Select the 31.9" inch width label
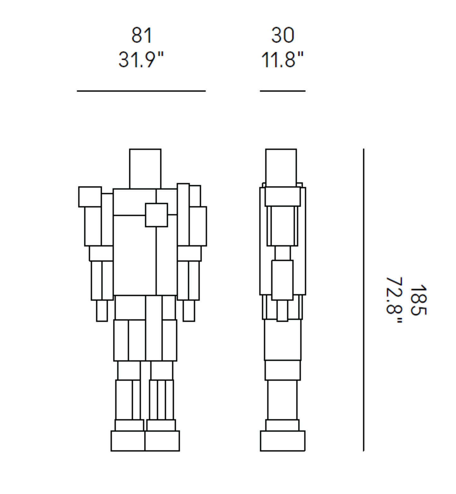(x=141, y=59)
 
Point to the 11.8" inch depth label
(x=282, y=59)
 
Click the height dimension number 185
(x=418, y=300)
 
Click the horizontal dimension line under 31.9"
(x=141, y=91)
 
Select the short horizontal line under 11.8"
(x=283, y=91)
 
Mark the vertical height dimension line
(x=364, y=300)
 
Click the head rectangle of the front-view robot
(x=145, y=169)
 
